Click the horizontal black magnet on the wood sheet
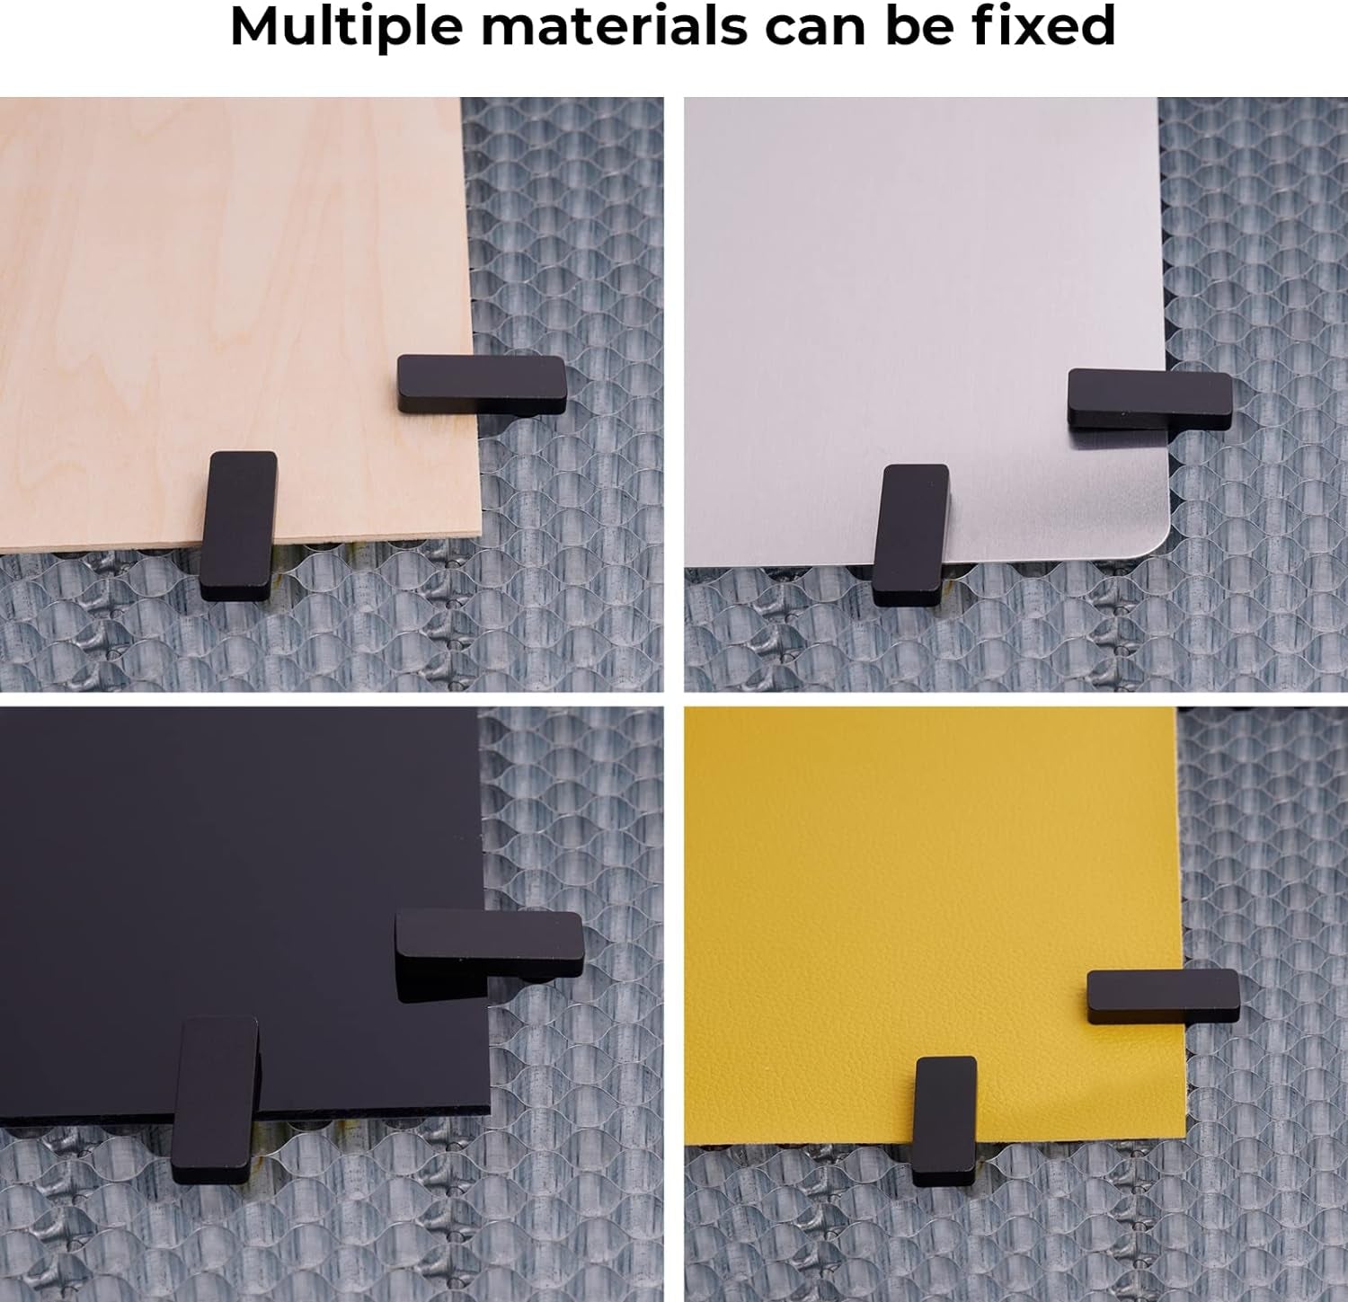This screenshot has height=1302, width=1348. click(482, 384)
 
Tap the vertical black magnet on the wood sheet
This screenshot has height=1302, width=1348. click(238, 525)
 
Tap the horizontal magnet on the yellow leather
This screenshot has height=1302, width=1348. click(1163, 996)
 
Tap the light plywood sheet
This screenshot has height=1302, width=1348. click(225, 270)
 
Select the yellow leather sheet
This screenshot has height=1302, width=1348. click(926, 881)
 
